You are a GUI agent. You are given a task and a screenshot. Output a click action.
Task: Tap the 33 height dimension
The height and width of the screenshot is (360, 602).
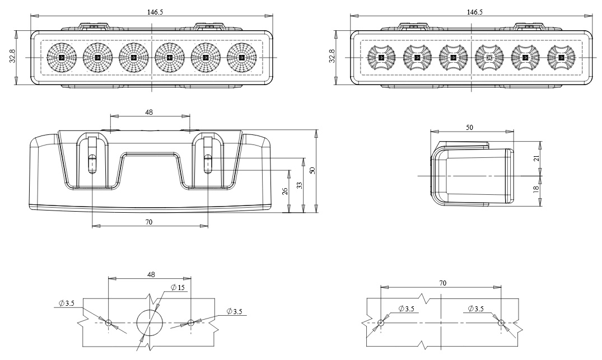pyautogui.click(x=300, y=185)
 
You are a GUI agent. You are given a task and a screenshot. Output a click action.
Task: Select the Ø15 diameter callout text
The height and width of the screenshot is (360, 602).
pyautogui.click(x=178, y=288)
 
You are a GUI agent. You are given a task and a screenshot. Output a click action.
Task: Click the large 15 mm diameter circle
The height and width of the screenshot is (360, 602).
pyautogui.click(x=150, y=322)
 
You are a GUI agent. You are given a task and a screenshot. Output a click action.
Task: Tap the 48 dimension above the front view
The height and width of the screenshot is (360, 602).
pyautogui.click(x=150, y=112)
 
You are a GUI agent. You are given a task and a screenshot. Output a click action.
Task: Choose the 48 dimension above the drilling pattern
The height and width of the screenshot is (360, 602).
pyautogui.click(x=150, y=274)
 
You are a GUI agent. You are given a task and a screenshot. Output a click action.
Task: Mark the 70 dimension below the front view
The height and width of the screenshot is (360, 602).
pyautogui.click(x=150, y=222)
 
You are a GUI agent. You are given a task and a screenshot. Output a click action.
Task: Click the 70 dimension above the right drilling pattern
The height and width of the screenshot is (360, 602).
pyautogui.click(x=442, y=284)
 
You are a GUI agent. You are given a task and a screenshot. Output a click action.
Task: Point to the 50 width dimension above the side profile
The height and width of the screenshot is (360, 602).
pyautogui.click(x=469, y=127)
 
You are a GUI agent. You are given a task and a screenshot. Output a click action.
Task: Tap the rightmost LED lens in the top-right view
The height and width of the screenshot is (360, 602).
pyautogui.click(x=562, y=57)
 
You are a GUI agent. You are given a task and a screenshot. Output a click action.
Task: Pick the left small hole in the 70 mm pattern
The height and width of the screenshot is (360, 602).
pyautogui.click(x=381, y=322)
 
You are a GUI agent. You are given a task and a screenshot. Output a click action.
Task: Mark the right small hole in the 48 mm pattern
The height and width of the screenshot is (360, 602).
pyautogui.click(x=191, y=322)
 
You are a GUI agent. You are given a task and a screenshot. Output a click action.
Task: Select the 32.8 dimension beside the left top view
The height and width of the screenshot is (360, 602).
pyautogui.click(x=12, y=57)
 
